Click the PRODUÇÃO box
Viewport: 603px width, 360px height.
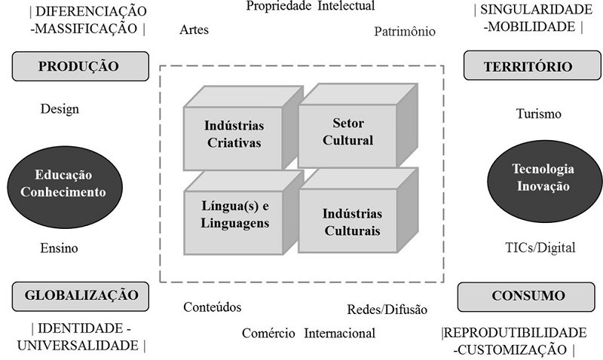point(78,66)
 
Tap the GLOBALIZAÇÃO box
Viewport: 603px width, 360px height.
point(78,295)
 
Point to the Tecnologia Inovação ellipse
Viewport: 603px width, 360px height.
point(543,178)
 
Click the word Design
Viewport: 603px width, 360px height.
point(60,109)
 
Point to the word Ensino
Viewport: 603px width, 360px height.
point(60,248)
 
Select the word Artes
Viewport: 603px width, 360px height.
point(194,31)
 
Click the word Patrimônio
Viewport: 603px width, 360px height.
point(405,32)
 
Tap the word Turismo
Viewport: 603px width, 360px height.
point(539,114)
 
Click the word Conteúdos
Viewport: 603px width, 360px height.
point(213,307)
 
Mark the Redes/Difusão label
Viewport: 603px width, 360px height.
point(387,309)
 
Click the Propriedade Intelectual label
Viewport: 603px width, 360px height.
point(311,7)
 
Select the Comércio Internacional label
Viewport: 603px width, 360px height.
point(309,333)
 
